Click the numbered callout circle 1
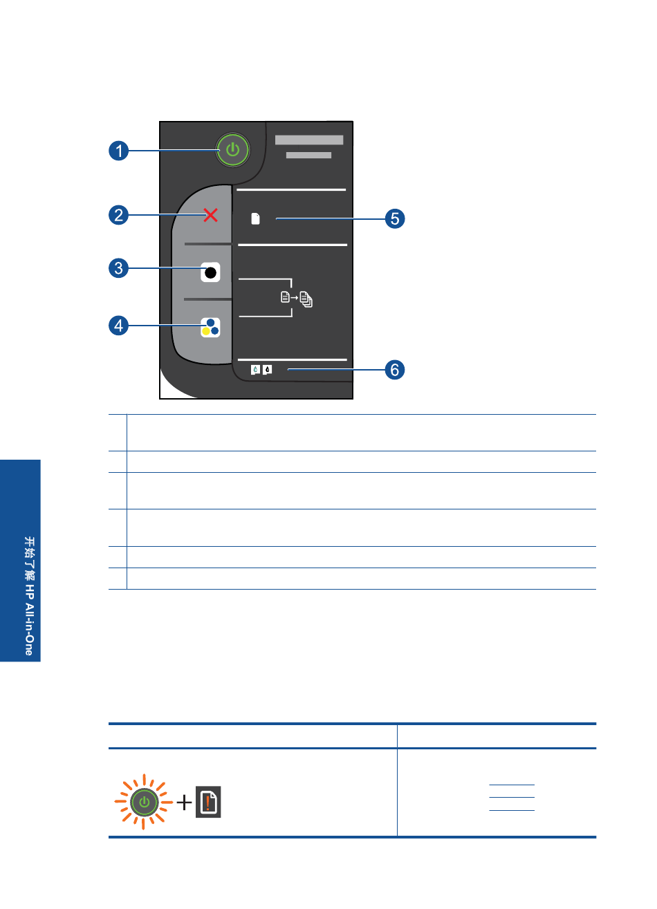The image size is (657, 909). click(118, 151)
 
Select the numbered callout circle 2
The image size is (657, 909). click(118, 215)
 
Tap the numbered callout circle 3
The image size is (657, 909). click(118, 268)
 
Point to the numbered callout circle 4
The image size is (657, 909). click(118, 326)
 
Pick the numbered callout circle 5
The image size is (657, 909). click(395, 218)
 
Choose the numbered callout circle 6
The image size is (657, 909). click(395, 370)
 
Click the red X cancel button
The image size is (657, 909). click(210, 215)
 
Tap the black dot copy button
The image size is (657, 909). click(210, 272)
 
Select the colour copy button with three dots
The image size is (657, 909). click(210, 327)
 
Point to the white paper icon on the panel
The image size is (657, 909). click(255, 218)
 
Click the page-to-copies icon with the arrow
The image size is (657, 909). click(297, 299)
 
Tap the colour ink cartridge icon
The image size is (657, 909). click(255, 370)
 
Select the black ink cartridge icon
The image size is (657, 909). click(267, 370)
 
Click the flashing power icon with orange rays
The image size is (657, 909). click(144, 802)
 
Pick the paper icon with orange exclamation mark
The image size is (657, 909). click(208, 802)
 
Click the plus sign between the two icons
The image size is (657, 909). click(185, 803)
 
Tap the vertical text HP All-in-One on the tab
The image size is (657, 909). click(29, 619)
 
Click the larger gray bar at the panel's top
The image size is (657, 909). click(309, 140)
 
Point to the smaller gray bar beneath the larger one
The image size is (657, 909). click(308, 155)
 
